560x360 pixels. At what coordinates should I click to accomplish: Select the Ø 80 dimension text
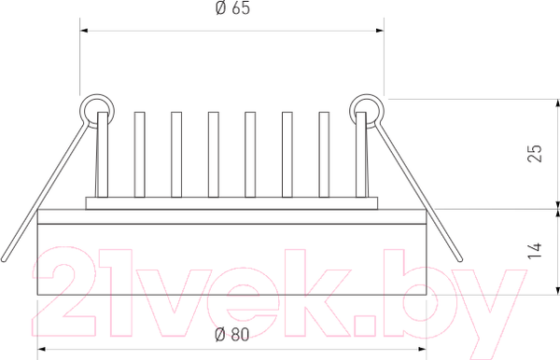point(231,336)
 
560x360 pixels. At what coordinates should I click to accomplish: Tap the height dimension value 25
point(534,154)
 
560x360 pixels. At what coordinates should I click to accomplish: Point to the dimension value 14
point(534,250)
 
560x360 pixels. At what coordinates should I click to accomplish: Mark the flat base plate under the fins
point(231,202)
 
